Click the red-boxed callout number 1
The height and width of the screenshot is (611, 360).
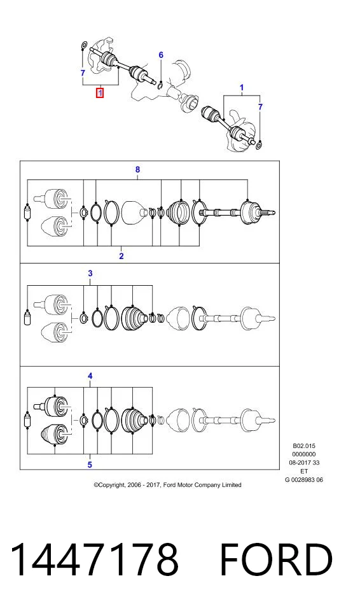[x=100, y=93]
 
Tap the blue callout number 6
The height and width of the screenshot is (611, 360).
[x=161, y=55]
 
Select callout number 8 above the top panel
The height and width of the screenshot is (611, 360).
[x=137, y=169]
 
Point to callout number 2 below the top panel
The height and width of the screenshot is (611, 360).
[x=121, y=256]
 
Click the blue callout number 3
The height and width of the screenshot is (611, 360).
[x=90, y=273]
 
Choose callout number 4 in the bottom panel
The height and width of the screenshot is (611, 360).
[x=90, y=376]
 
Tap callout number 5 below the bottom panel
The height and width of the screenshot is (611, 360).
[x=90, y=465]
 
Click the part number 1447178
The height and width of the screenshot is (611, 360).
[x=94, y=559]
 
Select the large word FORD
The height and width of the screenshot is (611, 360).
[x=276, y=559]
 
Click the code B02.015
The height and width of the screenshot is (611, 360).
[x=304, y=446]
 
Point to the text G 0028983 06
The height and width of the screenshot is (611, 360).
[x=304, y=480]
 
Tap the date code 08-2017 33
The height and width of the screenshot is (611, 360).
[x=304, y=463]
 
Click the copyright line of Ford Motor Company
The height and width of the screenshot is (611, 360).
[x=167, y=485]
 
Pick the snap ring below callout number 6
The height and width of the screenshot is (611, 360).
[x=160, y=85]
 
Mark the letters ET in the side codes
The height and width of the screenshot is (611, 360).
[x=304, y=471]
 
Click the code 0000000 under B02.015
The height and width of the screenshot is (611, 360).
[x=304, y=454]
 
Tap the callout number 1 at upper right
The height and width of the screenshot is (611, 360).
[x=242, y=87]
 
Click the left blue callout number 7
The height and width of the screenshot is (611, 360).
[x=83, y=73]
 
